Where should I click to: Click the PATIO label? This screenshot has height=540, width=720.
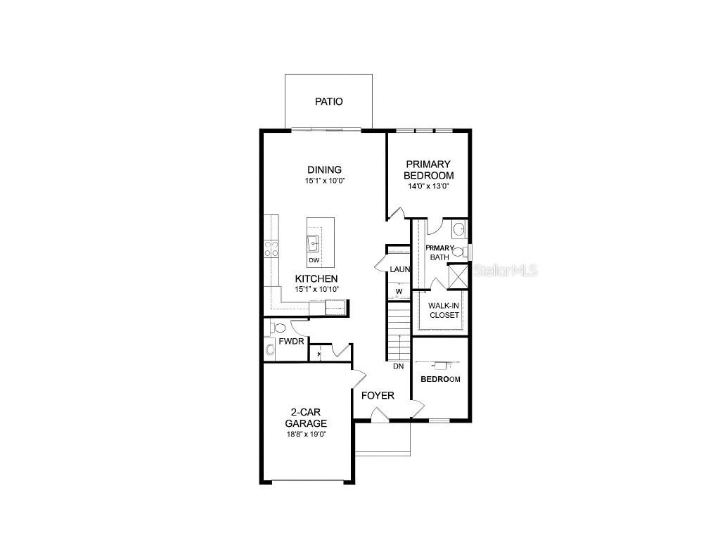329,102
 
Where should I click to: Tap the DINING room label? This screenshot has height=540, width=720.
324,169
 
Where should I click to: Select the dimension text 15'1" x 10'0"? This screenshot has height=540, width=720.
324,181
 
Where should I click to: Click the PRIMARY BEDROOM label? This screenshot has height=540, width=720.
428,169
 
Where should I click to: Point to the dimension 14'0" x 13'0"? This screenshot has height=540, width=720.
428,187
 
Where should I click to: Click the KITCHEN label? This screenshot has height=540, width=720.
316,278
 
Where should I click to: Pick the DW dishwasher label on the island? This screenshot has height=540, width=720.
314,261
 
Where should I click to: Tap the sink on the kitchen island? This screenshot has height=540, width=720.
314,244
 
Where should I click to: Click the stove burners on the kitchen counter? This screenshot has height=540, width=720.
271,247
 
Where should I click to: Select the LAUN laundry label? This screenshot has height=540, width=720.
400,269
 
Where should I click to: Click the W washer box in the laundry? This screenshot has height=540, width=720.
399,291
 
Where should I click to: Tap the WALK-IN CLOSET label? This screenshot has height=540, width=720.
444,310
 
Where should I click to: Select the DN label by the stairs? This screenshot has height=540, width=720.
399,366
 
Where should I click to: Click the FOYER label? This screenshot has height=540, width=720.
378,395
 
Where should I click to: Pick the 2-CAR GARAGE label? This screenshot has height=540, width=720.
306,418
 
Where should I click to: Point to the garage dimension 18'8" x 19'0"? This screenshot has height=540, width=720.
306,435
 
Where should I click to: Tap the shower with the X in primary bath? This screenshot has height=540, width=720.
458,274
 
